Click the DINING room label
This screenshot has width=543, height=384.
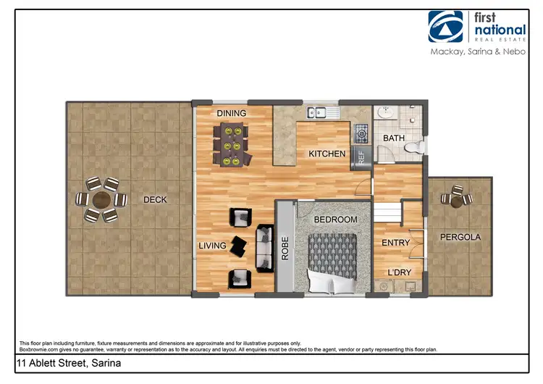[232, 113]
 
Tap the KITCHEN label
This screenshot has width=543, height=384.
[327, 154]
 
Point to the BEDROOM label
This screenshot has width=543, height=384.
[335, 220]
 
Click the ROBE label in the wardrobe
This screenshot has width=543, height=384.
[285, 247]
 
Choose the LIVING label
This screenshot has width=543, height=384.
[213, 246]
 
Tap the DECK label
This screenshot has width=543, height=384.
[156, 200]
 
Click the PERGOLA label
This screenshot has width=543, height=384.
[461, 237]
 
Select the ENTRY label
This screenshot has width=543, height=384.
[396, 243]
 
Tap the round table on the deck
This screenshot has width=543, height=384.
[102, 199]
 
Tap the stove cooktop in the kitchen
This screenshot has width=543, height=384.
[361, 133]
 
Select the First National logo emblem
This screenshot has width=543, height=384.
[446, 28]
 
